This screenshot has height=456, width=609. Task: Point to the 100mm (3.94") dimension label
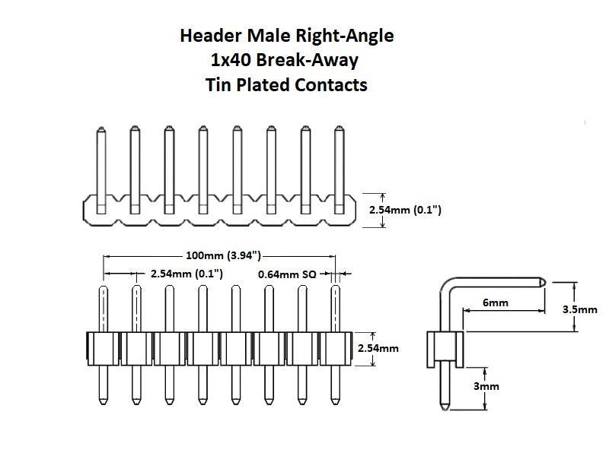tap(223, 256)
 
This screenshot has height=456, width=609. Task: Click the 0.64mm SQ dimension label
tap(287, 274)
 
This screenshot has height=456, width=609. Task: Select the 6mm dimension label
tap(495, 303)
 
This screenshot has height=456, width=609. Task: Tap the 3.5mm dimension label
tap(579, 309)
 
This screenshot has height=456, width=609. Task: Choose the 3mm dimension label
tap(486, 386)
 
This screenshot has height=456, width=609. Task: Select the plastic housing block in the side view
tap(444, 348)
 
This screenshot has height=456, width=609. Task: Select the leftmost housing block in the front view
tap(103, 349)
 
